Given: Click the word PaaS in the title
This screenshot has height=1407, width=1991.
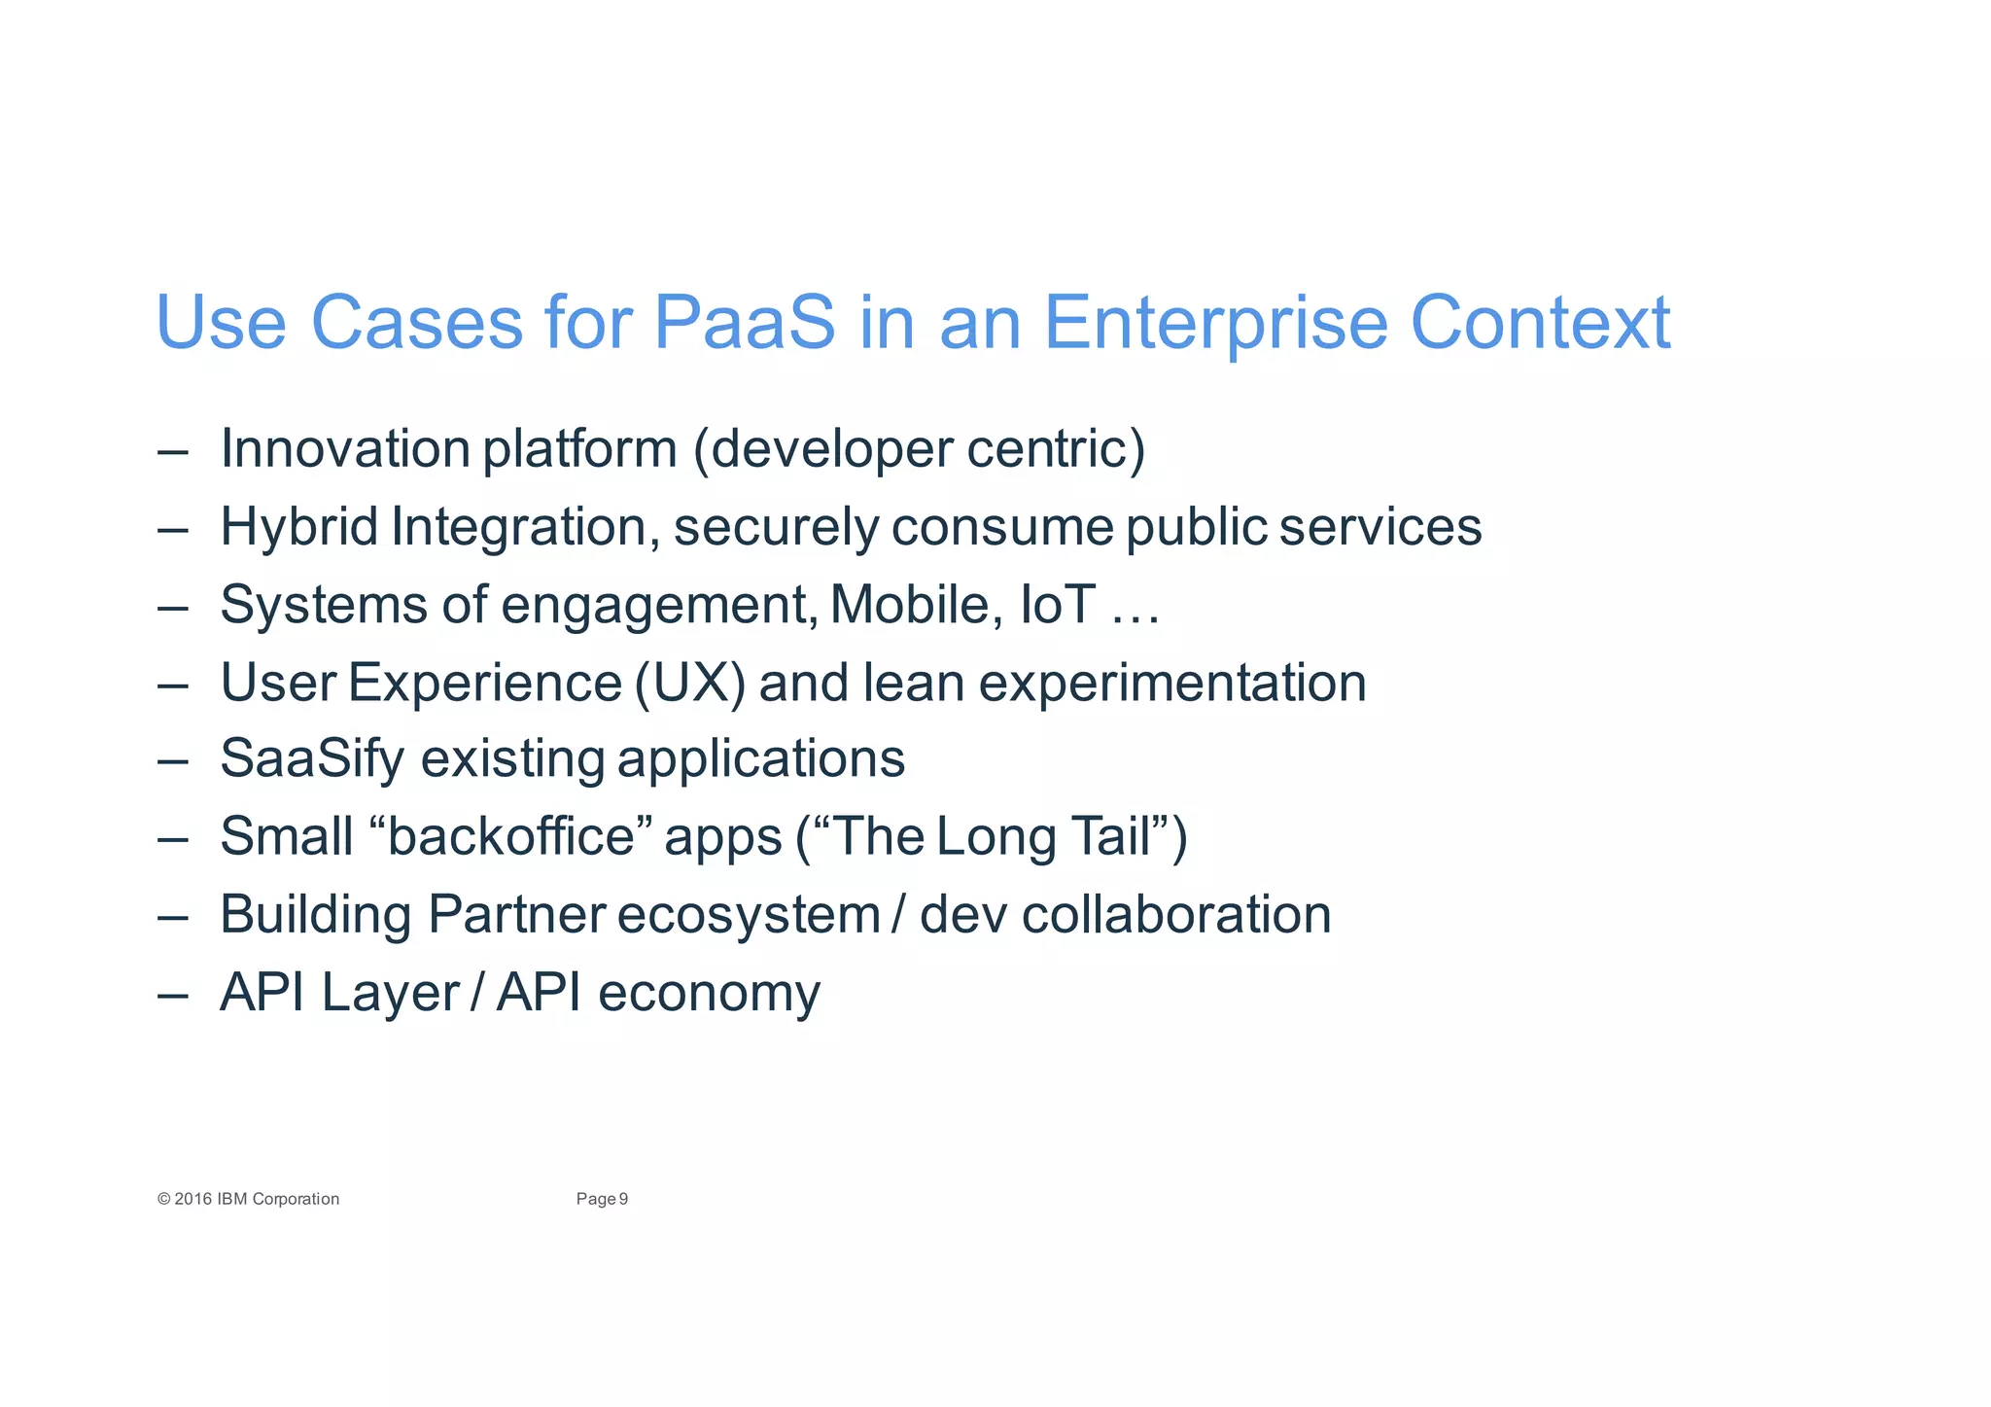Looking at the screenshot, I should point(744,323).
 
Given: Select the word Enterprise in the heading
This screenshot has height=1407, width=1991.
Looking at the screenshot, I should point(1214,323).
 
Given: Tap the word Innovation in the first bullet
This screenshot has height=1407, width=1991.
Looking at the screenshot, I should point(345,449).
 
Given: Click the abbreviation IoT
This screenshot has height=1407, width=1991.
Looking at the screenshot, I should point(1058,604).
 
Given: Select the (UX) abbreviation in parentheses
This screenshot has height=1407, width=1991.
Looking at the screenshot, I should point(690,683).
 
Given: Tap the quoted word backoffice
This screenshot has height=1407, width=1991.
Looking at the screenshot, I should point(511,836).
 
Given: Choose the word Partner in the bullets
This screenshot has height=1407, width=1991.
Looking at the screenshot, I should point(516,915).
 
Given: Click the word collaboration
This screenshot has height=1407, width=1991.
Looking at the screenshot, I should point(1176,915).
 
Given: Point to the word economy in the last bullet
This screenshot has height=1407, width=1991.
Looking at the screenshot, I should point(709,993).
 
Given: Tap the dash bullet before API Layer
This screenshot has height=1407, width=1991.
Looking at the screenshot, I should point(172,995).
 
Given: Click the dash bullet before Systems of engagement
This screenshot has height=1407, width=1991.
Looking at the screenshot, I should point(172,607).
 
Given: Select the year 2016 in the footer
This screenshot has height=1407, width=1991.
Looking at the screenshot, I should point(193,1199).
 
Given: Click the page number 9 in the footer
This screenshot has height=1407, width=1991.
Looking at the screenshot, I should point(624,1199).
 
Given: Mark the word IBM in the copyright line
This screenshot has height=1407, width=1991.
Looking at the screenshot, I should point(232,1199).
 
